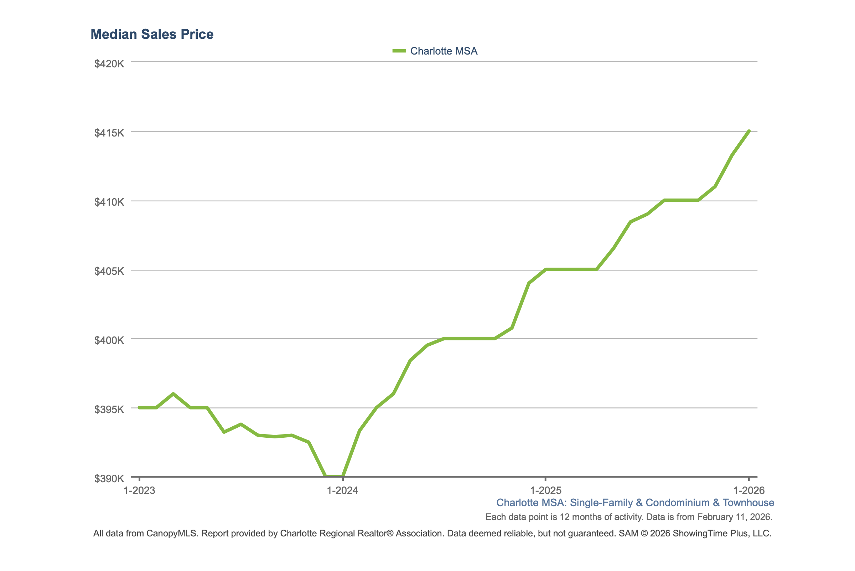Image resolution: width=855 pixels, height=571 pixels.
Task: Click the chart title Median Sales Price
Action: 152,34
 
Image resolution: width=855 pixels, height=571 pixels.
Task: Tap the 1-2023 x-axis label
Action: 139,491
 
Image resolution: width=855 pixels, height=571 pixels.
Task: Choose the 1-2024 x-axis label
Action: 342,491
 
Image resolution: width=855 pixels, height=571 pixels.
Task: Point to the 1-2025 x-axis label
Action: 545,491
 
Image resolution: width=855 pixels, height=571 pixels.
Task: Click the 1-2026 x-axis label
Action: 749,491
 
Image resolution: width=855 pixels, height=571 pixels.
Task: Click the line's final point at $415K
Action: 749,131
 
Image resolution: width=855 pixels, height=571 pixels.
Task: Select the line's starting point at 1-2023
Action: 139,407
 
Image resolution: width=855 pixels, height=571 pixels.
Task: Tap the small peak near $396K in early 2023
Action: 173,393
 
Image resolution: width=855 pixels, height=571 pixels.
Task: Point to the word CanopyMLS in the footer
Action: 172,533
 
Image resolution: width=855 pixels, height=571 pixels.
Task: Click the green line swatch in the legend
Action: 399,51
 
